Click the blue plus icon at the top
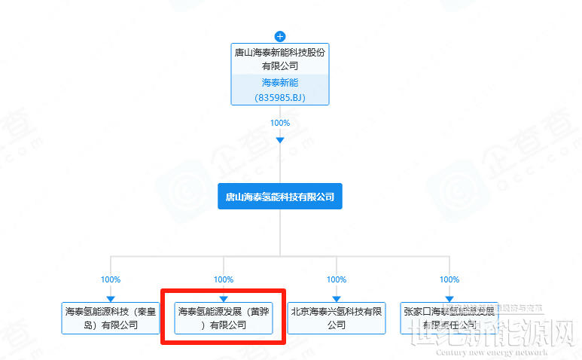click(280, 36)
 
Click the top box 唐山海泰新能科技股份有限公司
click(280, 59)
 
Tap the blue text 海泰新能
click(280, 83)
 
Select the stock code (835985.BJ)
click(280, 97)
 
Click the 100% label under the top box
click(280, 123)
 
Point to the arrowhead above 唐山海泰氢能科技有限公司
click(280, 140)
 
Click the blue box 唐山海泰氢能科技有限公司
click(280, 197)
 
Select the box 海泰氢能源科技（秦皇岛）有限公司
click(111, 318)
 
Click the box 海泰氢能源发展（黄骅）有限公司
click(224, 318)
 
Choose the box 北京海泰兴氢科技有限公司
click(337, 318)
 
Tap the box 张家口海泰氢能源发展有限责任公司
click(449, 318)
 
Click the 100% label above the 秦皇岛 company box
click(111, 279)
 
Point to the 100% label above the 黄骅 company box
click(224, 279)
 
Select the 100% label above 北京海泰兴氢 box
click(337, 279)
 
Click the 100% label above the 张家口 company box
click(449, 279)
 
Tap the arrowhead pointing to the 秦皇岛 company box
click(111, 299)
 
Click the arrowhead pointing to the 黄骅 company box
click(224, 299)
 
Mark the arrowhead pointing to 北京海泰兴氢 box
click(337, 299)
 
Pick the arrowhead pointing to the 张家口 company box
click(449, 299)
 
